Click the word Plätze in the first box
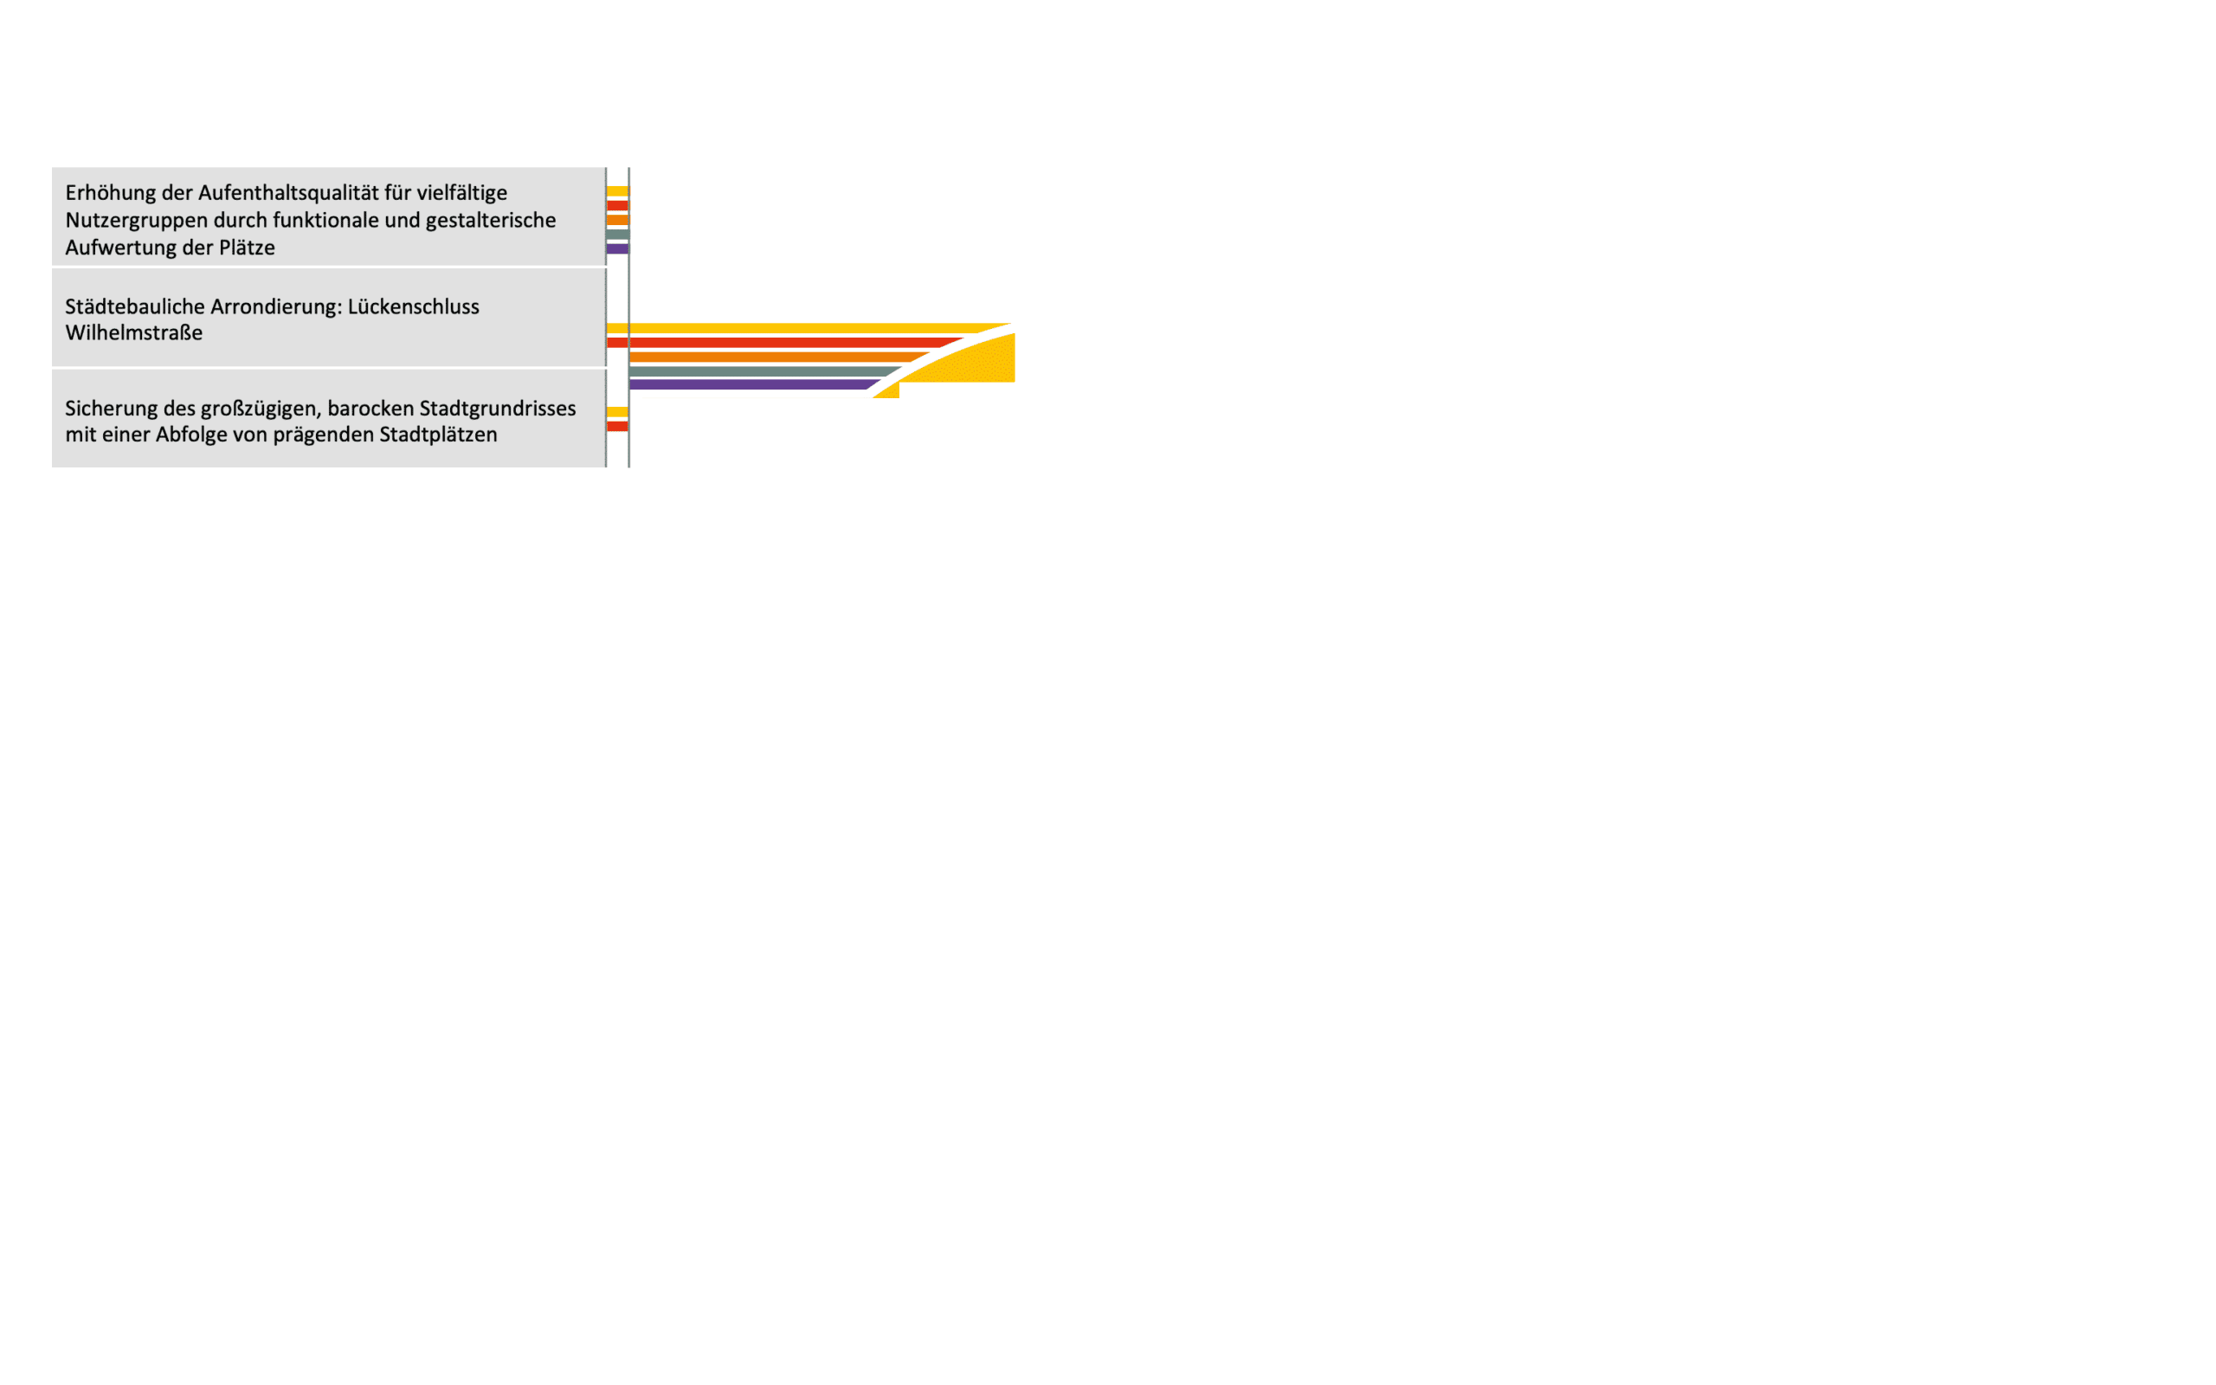247,248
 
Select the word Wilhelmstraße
133,333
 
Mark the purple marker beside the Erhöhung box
617,249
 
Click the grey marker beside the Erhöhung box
617,235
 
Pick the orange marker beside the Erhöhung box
617,220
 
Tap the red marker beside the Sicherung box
617,426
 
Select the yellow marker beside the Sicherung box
617,411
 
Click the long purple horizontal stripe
746,384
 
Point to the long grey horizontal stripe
760,371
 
